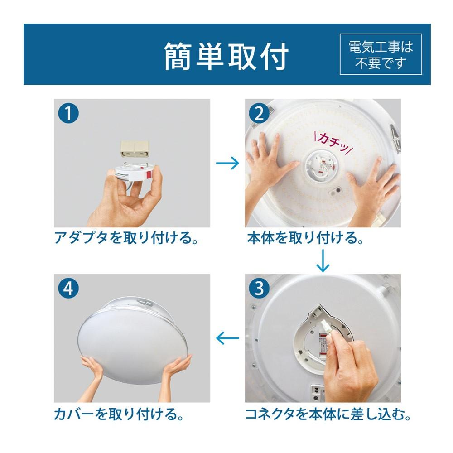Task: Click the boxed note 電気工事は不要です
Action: pyautogui.click(x=381, y=54)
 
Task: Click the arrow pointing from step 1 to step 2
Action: pyautogui.click(x=227, y=164)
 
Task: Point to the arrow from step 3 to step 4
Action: pyautogui.click(x=227, y=337)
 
